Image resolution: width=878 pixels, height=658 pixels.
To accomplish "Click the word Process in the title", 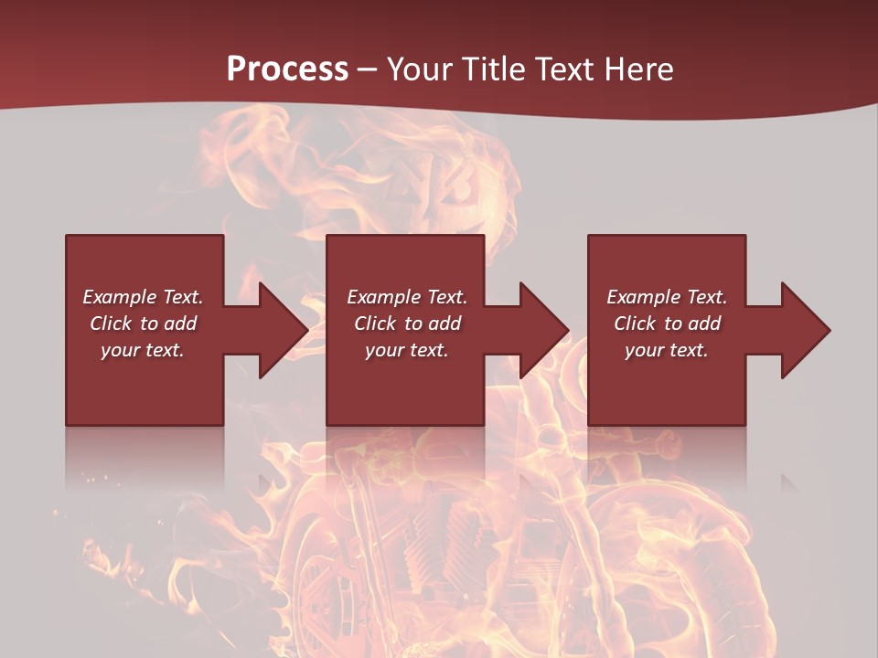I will [287, 69].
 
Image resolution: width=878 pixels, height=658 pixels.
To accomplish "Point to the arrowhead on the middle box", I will [541, 330].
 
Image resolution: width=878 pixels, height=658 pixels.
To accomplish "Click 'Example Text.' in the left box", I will [143, 297].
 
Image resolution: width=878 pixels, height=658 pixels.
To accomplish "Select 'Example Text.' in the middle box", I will [407, 297].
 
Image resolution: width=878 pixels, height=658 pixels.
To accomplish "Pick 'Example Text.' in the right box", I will [667, 297].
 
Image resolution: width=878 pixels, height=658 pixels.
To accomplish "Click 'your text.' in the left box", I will [143, 350].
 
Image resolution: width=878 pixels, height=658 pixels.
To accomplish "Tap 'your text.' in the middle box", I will [407, 350].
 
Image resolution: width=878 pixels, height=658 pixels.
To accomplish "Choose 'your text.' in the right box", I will [667, 350].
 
